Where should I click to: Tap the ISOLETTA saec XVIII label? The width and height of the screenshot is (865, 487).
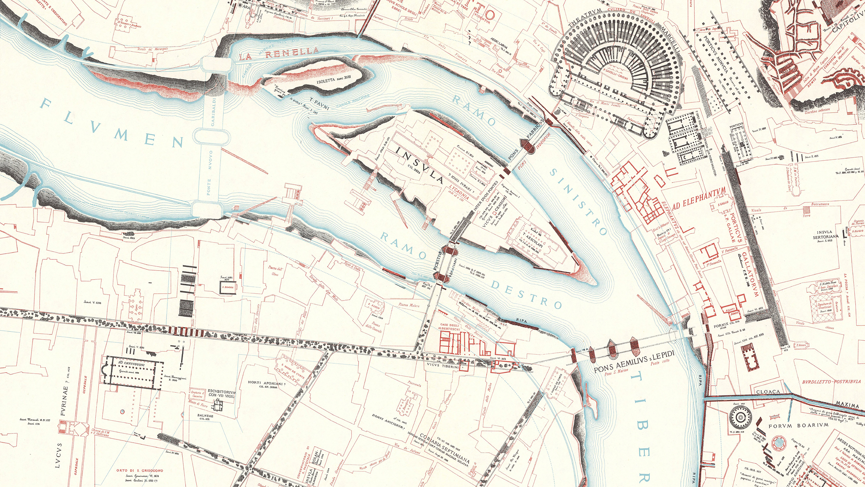(x=333, y=80)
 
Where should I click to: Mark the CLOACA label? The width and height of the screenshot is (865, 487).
(x=768, y=392)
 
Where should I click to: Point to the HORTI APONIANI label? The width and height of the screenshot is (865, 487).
(x=267, y=383)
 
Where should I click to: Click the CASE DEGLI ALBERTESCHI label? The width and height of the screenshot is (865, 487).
(x=449, y=327)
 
